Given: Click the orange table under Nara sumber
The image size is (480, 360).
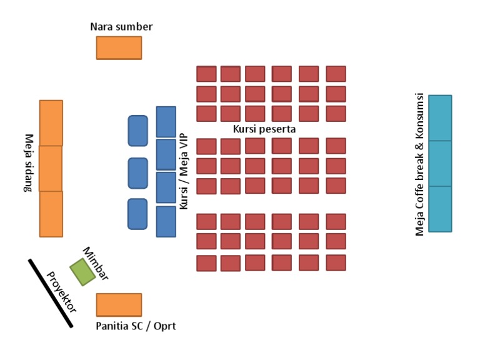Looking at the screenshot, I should pyautogui.click(x=119, y=47).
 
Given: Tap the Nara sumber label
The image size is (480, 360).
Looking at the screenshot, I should pyautogui.click(x=121, y=26).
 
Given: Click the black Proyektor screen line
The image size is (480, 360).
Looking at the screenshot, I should pyautogui.click(x=50, y=292).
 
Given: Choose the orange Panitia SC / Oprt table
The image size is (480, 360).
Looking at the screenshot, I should pyautogui.click(x=119, y=304).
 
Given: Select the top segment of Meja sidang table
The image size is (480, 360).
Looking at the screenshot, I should pyautogui.click(x=51, y=122).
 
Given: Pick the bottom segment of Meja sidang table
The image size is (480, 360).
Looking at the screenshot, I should pyautogui.click(x=51, y=214).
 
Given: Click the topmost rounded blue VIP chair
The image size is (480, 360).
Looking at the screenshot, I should pyautogui.click(x=137, y=131).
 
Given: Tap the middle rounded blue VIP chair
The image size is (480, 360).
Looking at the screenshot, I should pyautogui.click(x=137, y=173).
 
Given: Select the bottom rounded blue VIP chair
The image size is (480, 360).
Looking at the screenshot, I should pyautogui.click(x=137, y=214).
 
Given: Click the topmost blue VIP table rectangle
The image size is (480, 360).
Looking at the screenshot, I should pyautogui.click(x=166, y=122).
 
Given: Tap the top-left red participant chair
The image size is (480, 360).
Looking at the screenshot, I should pyautogui.click(x=206, y=74).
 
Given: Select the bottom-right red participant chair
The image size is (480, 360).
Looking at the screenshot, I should pyautogui.click(x=336, y=262).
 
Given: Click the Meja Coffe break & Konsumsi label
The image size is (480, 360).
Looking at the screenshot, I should pyautogui.click(x=420, y=165).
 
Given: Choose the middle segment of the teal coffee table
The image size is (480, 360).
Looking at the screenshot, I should pyautogui.click(x=440, y=163).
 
